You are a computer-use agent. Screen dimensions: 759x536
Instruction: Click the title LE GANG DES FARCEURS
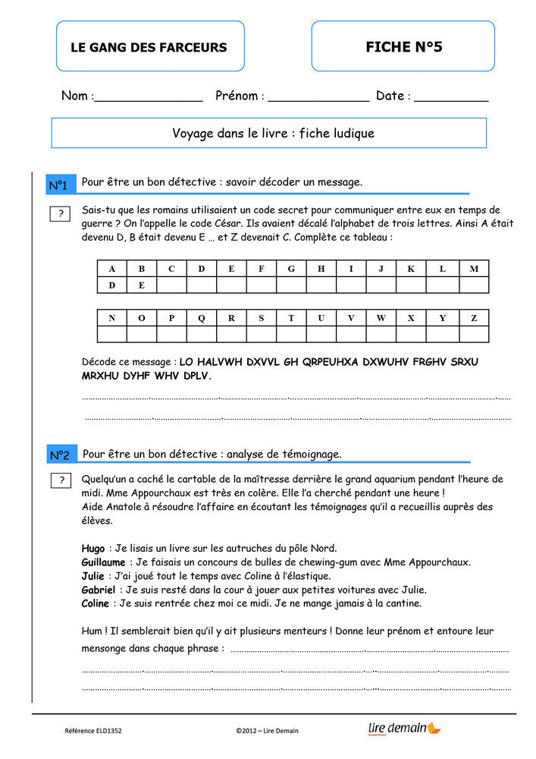149,47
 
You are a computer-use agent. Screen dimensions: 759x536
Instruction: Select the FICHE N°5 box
403,47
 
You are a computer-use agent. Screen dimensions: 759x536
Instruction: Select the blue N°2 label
59,455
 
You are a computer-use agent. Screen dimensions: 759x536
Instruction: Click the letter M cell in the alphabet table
474,269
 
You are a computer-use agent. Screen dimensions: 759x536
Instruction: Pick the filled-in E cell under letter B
142,285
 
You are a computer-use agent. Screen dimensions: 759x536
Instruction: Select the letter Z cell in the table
474,318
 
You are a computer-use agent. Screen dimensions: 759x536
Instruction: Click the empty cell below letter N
112,335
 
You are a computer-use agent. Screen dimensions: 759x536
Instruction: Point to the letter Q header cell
201,318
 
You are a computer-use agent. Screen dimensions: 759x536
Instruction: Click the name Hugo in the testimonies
93,548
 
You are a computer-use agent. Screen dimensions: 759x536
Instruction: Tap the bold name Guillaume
103,562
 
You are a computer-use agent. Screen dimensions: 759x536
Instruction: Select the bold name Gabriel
99,590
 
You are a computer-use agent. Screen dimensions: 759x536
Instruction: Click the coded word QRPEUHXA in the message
331,362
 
